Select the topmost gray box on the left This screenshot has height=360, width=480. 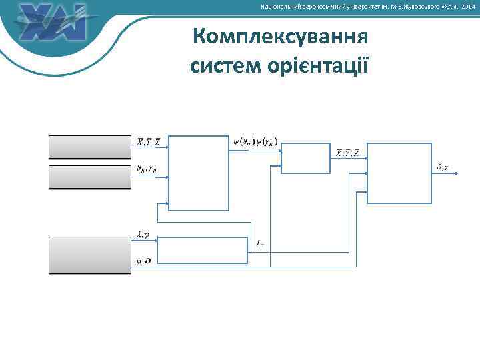coord(90,147)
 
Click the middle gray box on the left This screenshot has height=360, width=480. coord(90,177)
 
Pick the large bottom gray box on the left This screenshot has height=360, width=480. coord(90,255)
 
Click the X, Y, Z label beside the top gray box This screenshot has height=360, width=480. coord(148,141)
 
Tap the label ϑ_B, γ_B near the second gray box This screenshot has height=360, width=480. coord(147,169)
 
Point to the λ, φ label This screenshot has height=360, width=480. coord(143,234)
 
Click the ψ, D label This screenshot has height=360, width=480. coord(143,261)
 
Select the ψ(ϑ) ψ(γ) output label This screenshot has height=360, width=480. coord(255,141)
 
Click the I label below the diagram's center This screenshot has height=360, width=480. coord(261,245)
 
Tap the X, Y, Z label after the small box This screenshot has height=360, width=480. coord(347,153)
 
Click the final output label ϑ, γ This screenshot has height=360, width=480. coord(442,166)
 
